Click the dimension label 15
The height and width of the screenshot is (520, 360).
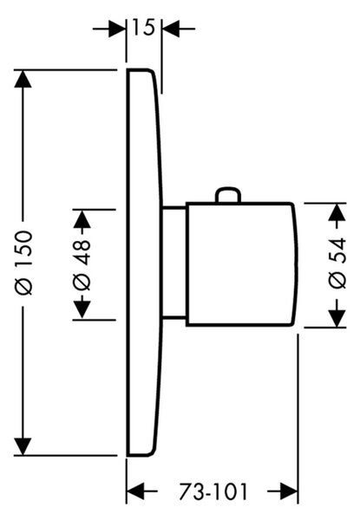[x=144, y=27]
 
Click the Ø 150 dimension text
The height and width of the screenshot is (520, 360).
[x=24, y=263]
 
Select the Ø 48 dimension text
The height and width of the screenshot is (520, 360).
[x=82, y=264]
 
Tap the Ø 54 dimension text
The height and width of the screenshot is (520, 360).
[x=337, y=263]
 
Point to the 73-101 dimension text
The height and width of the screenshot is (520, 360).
[x=213, y=491]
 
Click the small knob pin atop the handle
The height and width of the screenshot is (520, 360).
[x=228, y=195]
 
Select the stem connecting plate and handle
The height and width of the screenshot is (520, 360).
[x=173, y=263]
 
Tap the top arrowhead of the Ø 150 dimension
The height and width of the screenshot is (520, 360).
[x=23, y=79]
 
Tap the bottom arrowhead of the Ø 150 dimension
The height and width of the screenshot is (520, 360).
[x=23, y=446]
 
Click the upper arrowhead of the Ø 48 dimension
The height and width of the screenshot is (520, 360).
[x=82, y=219]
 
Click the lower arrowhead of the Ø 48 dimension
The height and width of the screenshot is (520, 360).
[x=82, y=310]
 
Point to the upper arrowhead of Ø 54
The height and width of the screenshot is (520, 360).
[x=337, y=212]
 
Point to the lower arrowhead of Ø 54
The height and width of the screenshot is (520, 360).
[x=337, y=319]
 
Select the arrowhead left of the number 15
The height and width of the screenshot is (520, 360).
[x=117, y=29]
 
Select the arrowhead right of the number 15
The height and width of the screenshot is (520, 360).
[x=171, y=29]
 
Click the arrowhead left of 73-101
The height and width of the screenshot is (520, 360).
[x=136, y=491]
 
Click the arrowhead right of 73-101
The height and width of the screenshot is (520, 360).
[x=289, y=491]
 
